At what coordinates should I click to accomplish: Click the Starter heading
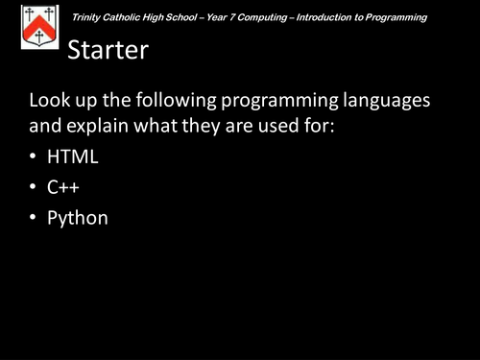pos(108,51)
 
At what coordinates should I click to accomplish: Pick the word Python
pos(78,218)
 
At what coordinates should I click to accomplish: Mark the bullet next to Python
pos(35,219)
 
